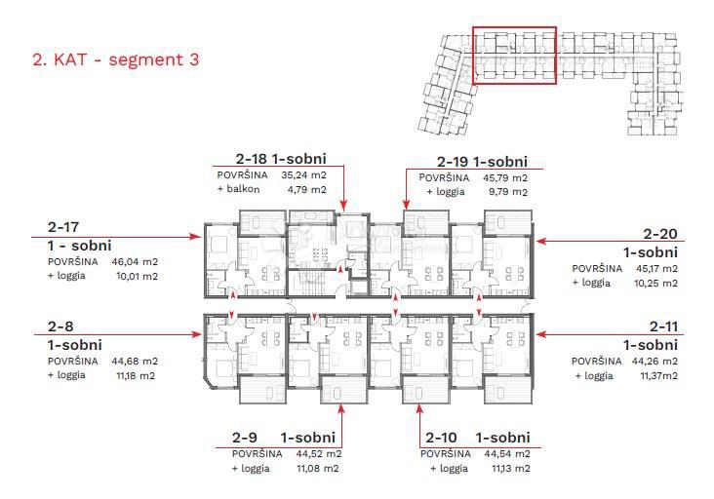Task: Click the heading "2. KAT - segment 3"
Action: point(116,59)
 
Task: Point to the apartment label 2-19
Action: point(451,162)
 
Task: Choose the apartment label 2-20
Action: point(661,233)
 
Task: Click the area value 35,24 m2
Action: point(303,175)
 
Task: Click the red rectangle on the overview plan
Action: point(514,56)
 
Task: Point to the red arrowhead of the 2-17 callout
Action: point(196,237)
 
